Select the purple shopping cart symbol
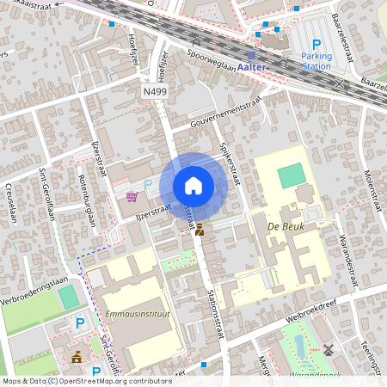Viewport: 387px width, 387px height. coord(132,197)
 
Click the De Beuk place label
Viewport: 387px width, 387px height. coord(287,226)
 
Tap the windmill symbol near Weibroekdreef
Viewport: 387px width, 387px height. coord(327,350)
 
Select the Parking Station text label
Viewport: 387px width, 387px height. coord(316,60)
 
